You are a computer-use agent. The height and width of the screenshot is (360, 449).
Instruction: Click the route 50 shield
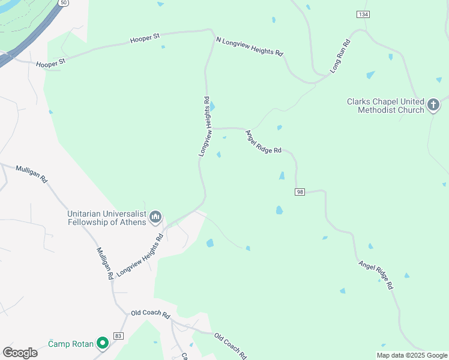pyautogui.click(x=63, y=3)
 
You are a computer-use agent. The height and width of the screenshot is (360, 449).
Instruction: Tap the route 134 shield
pyautogui.click(x=363, y=14)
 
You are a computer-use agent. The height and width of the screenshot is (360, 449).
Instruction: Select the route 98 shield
pyautogui.click(x=300, y=191)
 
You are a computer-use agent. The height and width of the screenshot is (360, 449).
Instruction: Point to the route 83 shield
pyautogui.click(x=118, y=335)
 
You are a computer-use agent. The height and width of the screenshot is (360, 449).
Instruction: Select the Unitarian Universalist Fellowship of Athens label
pyautogui.click(x=107, y=218)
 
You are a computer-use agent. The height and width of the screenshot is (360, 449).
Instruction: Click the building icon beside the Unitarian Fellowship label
pyautogui.click(x=155, y=217)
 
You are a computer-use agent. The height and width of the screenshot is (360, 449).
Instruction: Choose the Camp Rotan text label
pyautogui.click(x=71, y=344)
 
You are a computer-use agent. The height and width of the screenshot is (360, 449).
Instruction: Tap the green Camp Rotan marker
pyautogui.click(x=103, y=343)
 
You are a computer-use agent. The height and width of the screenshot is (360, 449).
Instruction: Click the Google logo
pyautogui.click(x=20, y=353)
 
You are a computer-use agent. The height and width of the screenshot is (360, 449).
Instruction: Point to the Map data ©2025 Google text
pyautogui.click(x=412, y=355)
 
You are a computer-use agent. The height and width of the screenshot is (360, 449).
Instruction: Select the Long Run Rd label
pyautogui.click(x=339, y=57)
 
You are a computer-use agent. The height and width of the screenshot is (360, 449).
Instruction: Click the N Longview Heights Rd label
pyautogui.click(x=249, y=46)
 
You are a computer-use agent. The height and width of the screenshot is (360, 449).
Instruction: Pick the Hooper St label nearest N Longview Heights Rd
pyautogui.click(x=145, y=38)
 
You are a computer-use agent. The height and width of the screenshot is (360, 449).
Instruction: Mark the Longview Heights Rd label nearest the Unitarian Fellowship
pyautogui.click(x=140, y=255)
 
